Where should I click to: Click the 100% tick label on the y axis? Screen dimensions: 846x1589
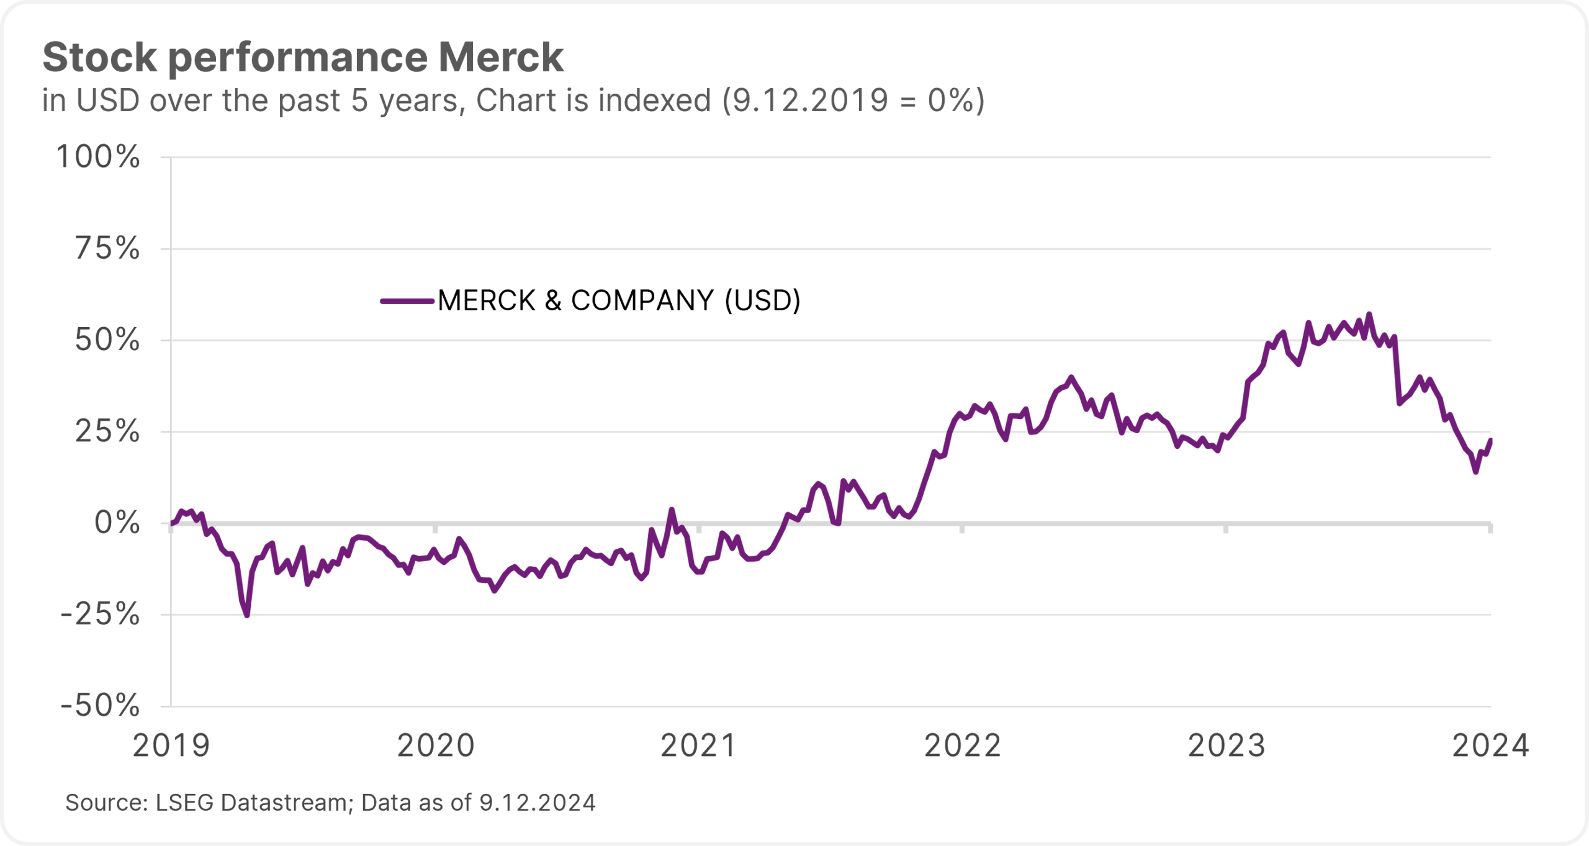(98, 156)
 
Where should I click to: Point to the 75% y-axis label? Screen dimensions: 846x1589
(107, 248)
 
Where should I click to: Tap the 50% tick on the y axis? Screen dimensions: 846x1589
(107, 340)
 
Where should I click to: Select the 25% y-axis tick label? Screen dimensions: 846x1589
(107, 431)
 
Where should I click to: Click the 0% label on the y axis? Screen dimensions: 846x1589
(117, 523)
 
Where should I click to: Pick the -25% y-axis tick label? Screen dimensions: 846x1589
(100, 614)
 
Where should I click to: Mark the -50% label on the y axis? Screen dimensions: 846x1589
(100, 705)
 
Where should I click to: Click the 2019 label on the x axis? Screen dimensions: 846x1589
(171, 745)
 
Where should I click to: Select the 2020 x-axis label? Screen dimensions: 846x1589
(436, 745)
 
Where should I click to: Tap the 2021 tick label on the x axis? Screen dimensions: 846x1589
(699, 745)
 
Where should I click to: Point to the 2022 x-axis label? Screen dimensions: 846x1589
(963, 745)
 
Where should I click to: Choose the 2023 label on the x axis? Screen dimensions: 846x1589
(1227, 745)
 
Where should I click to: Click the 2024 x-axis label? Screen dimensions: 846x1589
(1490, 745)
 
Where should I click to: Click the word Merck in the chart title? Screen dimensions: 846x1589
(501, 57)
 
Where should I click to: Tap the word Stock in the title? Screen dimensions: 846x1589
(99, 57)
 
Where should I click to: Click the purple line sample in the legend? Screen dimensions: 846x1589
(407, 301)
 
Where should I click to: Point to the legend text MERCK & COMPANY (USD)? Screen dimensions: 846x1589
(619, 301)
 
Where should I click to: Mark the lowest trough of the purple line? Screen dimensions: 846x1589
(247, 615)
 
